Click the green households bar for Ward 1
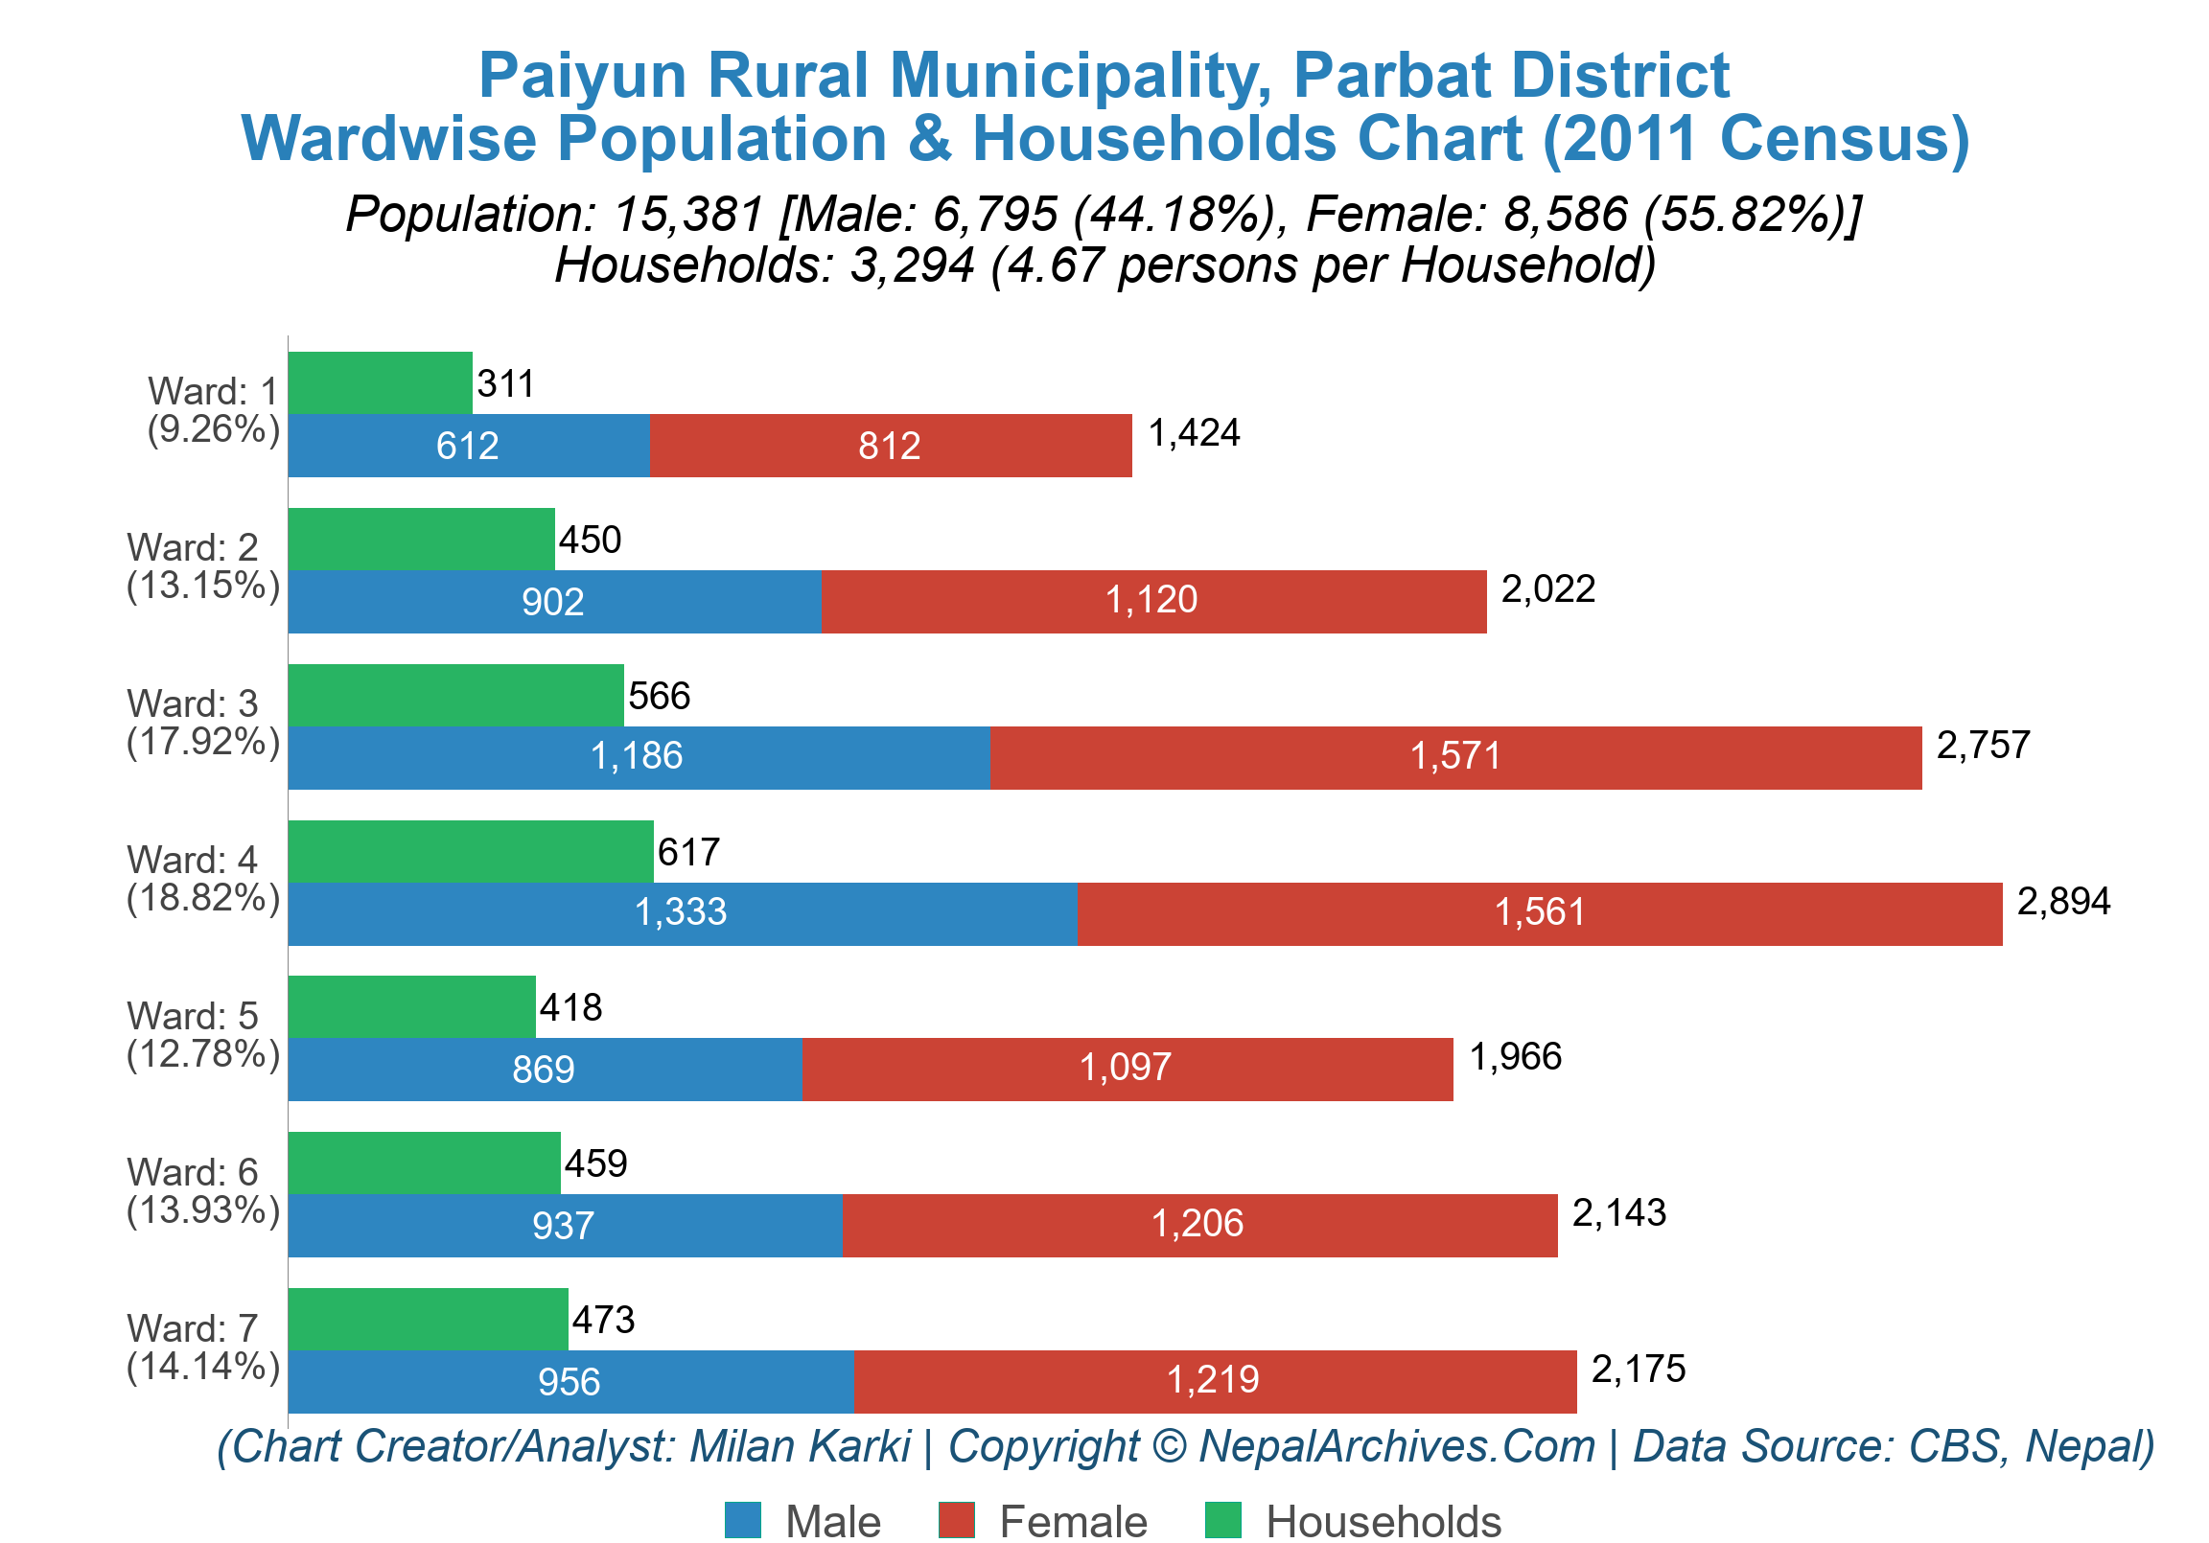(380, 382)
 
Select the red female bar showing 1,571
(1454, 757)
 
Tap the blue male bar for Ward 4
(681, 913)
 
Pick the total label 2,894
(2062, 902)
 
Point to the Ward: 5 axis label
(193, 1016)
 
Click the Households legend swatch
(1221, 1520)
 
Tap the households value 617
(687, 852)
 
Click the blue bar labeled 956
(570, 1381)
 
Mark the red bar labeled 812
(889, 446)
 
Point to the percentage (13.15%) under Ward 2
(203, 585)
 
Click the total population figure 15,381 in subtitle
(688, 214)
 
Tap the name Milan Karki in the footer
(800, 1446)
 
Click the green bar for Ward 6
(424, 1163)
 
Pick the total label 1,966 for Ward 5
(1514, 1057)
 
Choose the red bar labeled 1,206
(1197, 1224)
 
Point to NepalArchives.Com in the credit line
(1397, 1446)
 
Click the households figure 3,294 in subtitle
(911, 265)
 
